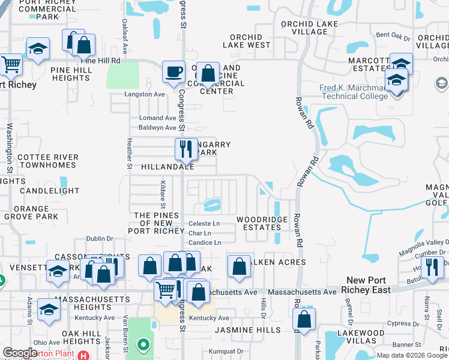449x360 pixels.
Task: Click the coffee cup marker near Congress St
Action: (x=174, y=72)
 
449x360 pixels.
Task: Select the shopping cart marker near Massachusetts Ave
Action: (x=166, y=291)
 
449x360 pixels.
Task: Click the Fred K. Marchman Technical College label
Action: (x=354, y=92)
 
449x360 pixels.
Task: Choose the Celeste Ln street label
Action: (x=204, y=224)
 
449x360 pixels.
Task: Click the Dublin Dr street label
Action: (x=99, y=238)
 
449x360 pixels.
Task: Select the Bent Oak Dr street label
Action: (x=393, y=37)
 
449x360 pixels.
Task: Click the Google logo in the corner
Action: (x=20, y=353)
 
